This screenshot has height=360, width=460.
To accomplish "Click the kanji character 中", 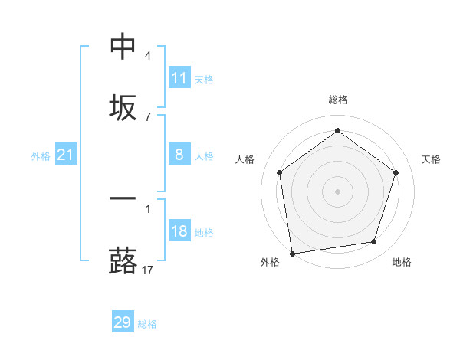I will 123,47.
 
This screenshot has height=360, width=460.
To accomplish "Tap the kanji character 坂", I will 123,106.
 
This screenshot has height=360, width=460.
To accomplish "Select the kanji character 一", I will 123,199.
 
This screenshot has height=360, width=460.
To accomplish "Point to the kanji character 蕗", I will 123,260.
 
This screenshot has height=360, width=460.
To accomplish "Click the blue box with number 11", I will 179,78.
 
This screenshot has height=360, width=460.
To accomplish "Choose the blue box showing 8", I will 179,155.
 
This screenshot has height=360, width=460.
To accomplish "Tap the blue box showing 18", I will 179,231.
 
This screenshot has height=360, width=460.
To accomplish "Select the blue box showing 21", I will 66,155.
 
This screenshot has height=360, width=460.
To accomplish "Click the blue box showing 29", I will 123,322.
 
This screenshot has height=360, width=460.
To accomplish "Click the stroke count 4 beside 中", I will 148,56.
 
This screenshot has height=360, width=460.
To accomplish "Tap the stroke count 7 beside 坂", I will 148,116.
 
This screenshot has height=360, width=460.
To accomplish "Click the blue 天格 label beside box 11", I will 204,79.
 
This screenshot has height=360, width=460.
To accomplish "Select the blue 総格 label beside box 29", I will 147,324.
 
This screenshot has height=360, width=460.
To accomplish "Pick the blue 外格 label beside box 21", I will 41,156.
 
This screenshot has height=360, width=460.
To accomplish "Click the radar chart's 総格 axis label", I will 337,100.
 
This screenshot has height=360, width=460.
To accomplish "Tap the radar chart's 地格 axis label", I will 402,262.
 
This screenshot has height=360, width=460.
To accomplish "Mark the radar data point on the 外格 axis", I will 292,252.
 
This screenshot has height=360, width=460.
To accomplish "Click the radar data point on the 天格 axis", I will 396,172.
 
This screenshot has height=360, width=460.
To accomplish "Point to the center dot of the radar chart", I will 337,191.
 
